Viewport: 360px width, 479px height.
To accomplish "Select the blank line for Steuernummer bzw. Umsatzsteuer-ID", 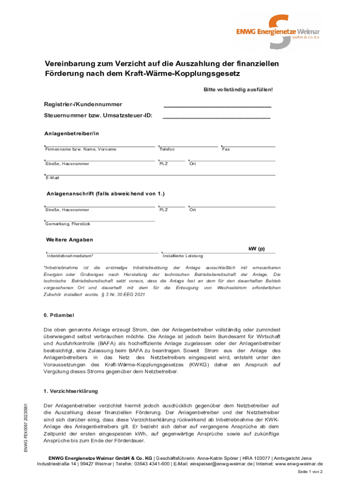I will (216, 118).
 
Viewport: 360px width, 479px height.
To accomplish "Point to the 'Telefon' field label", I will (167, 149).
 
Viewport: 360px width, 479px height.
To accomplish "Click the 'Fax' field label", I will (226, 149).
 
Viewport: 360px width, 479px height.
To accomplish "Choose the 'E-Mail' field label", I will (52, 178).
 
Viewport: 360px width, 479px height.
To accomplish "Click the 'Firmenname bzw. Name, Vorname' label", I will (80, 149).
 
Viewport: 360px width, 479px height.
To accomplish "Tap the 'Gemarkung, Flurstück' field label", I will (68, 224).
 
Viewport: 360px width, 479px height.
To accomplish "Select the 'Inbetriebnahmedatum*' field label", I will (70, 256).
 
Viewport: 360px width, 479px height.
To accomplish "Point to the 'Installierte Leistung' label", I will (183, 256).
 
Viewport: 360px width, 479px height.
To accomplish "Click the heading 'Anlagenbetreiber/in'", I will (72, 133).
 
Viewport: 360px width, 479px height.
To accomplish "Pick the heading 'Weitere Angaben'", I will (70, 239).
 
